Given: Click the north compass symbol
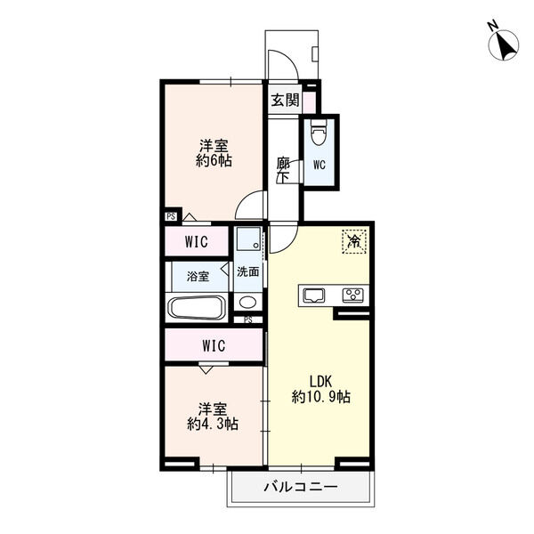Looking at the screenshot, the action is [504, 43].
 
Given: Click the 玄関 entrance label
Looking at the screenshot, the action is [285, 100].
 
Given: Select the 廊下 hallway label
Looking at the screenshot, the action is [283, 170].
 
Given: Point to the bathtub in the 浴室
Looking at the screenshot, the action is [198, 308].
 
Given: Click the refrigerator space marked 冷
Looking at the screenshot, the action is [354, 241].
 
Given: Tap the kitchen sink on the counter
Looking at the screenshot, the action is [314, 295].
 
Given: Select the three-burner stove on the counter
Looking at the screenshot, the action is [353, 295].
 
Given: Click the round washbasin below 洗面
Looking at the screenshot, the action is [248, 302].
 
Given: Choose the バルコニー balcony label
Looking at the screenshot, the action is [301, 487].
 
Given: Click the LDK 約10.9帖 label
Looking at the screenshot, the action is [320, 389].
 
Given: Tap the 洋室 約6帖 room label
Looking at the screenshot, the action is [214, 153].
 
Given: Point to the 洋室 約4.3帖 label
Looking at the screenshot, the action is [213, 417].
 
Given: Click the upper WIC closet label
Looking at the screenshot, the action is [197, 242].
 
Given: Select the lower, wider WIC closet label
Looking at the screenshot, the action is [214, 345].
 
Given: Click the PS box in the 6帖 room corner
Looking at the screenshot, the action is [171, 216].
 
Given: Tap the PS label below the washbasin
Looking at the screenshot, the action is [248, 320].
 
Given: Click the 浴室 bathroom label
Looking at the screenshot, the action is [198, 276].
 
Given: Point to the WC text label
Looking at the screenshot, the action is [320, 166].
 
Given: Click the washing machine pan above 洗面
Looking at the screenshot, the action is [248, 239].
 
